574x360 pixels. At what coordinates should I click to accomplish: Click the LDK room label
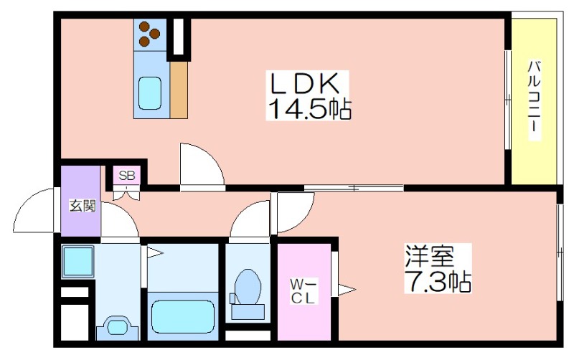point(304,84)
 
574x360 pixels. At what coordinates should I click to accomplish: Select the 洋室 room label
point(429,257)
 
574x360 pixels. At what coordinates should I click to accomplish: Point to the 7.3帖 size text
point(438,281)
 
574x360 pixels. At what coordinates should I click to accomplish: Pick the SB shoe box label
point(127,176)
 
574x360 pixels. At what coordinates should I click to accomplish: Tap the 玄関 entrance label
point(83,206)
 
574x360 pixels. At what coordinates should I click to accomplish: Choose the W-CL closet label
point(302,291)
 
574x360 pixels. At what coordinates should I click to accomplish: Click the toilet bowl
point(248,287)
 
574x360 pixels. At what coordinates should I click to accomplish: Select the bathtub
point(183,317)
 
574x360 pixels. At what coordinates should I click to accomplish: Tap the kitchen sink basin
point(150,93)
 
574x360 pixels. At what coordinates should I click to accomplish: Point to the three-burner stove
point(150,35)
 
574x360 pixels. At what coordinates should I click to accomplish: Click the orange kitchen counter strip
point(179,90)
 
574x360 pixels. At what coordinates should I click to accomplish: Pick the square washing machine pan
point(77,261)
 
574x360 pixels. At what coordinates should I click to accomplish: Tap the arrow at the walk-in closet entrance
point(347,290)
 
